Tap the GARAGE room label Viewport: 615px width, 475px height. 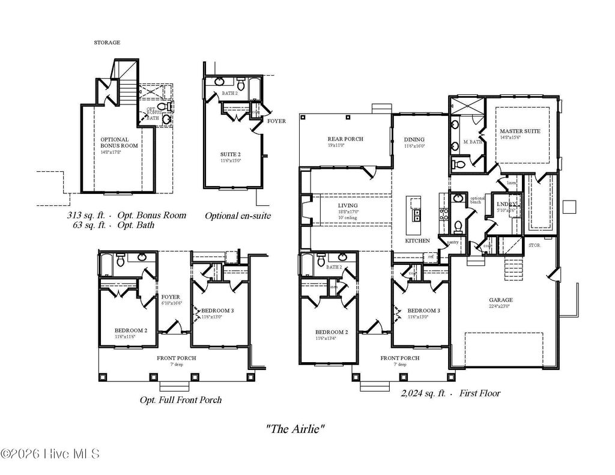pos(500,300)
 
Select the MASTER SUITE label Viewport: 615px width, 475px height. pos(520,131)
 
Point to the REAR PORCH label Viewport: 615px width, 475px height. pos(345,139)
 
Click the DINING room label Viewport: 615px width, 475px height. pos(414,139)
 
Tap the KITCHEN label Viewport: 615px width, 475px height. pos(417,240)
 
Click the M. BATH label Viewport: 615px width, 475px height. pos(473,142)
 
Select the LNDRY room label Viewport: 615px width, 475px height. pos(506,205)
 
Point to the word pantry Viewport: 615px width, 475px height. pos(453,242)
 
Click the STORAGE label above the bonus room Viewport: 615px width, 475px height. pos(107,43)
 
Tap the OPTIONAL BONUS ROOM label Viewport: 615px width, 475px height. pos(119,142)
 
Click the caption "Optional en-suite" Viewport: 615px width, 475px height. pos(238,216)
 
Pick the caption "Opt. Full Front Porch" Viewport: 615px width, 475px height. pos(180,399)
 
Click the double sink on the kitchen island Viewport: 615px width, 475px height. pos(414,215)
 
